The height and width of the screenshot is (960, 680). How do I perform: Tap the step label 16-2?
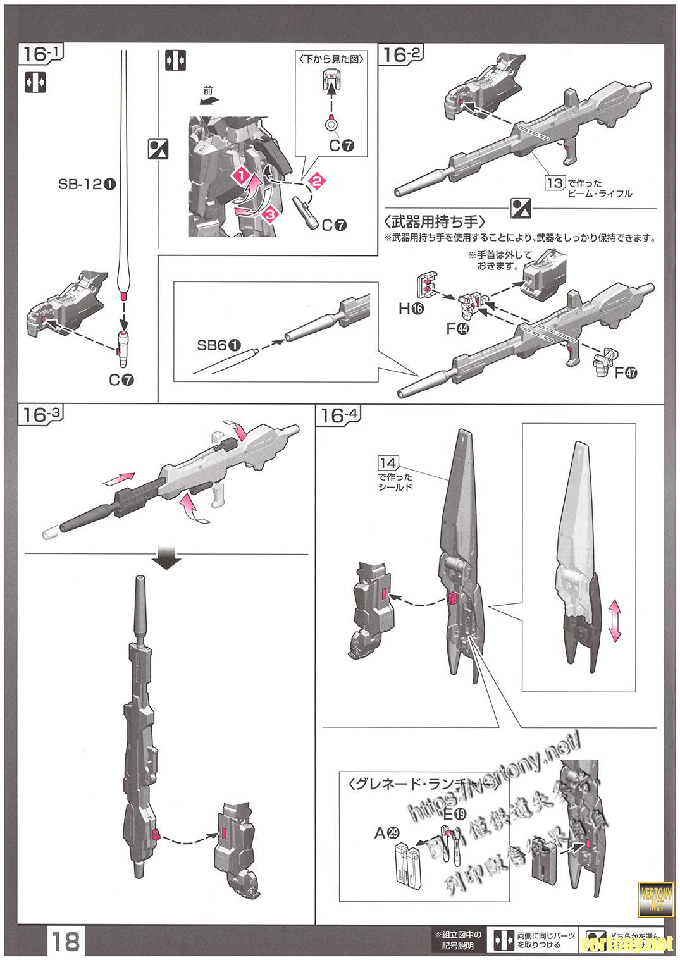400,55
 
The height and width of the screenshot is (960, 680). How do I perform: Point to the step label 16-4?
340,415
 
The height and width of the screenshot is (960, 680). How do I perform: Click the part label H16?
411,309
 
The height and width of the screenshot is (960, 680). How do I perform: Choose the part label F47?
626,372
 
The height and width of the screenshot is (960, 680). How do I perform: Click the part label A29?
386,834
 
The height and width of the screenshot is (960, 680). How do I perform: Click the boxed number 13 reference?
555,182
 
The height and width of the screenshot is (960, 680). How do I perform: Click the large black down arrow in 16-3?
168,560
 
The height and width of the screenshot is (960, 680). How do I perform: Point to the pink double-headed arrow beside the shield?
614,623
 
